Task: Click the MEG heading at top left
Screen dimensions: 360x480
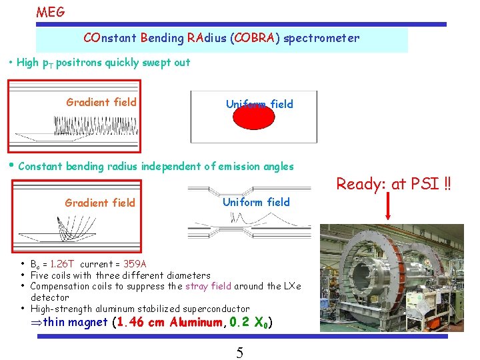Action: (51, 11)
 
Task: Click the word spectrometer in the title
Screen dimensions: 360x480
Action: (321, 38)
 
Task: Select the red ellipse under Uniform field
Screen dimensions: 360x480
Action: (253, 117)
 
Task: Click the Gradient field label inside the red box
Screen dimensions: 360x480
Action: (101, 102)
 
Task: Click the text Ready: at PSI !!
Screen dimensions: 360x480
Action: (393, 183)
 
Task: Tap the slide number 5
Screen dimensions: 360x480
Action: (239, 353)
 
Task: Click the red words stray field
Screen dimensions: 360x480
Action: (208, 286)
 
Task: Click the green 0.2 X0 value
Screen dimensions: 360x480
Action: (249, 323)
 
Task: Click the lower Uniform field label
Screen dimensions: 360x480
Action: (256, 202)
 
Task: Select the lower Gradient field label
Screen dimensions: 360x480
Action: (99, 203)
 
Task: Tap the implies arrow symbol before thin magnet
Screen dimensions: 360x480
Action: (37, 323)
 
